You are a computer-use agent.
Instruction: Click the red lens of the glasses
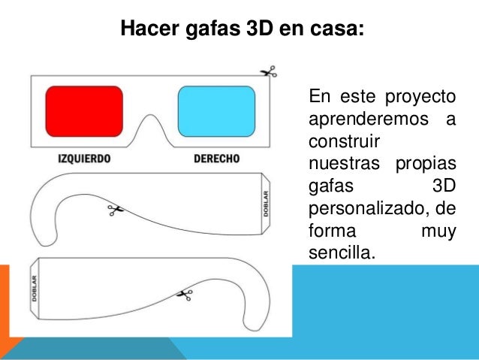84,110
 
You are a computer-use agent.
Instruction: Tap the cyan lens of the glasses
215,110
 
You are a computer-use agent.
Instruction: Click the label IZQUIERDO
84,159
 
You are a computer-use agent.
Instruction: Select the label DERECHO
216,159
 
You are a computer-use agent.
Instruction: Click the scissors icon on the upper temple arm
115,210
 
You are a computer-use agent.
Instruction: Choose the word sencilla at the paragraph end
340,250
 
